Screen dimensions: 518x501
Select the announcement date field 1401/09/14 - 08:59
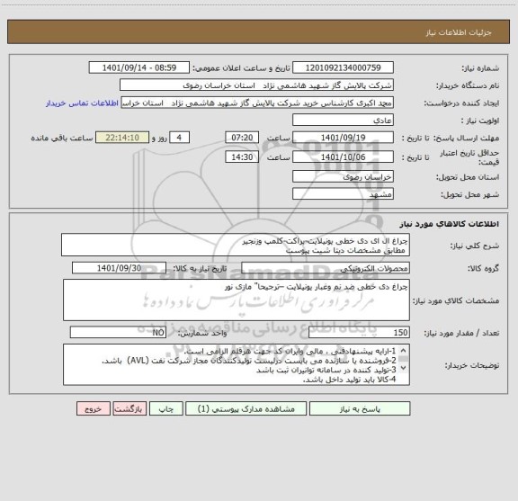[x=140, y=67]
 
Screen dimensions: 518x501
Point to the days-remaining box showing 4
[x=179, y=138]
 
